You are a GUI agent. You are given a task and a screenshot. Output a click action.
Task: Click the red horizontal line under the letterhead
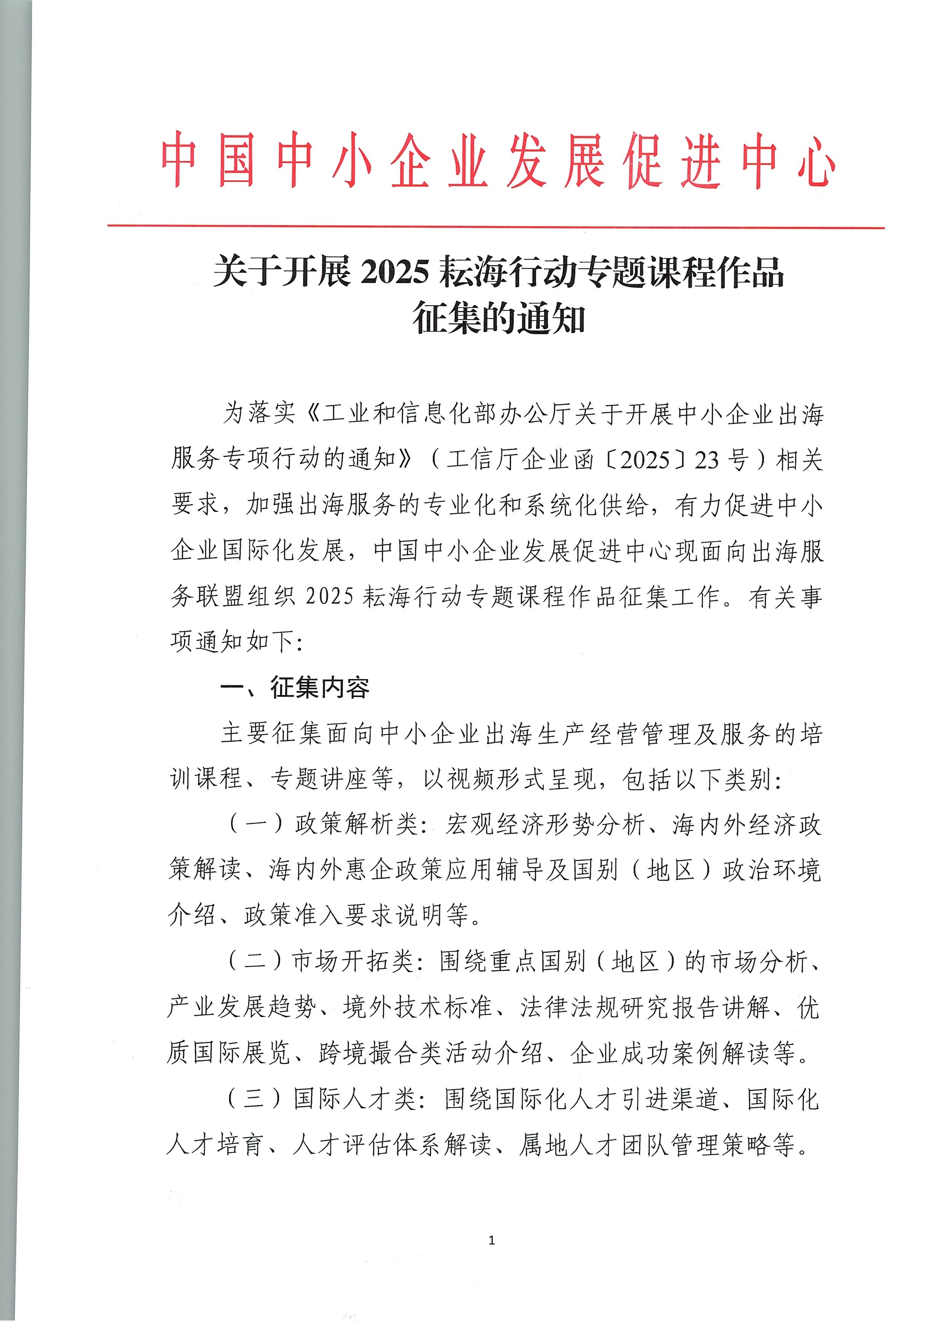click(x=495, y=227)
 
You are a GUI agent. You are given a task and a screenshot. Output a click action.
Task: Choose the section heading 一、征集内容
click(x=295, y=687)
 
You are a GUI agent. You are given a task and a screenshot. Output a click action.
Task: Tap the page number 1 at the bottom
click(x=492, y=1241)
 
